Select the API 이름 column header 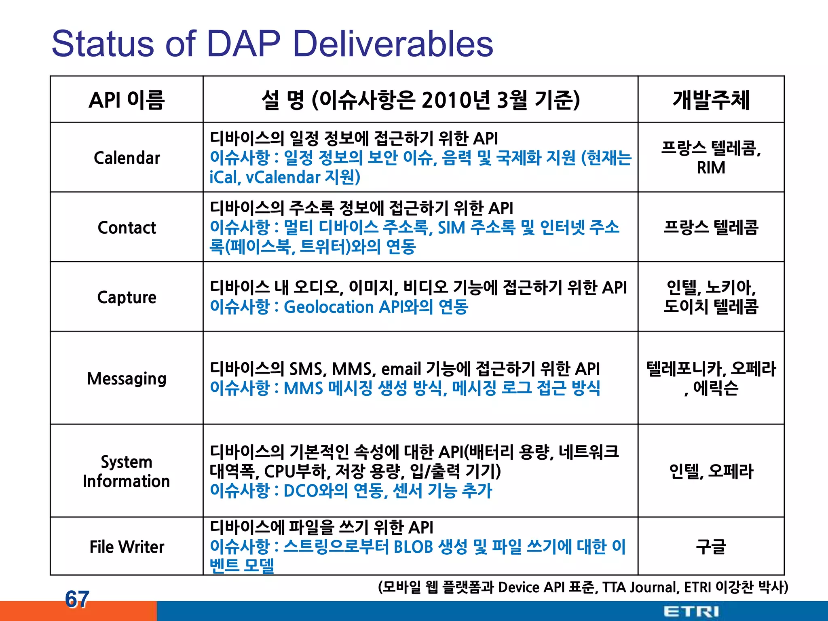pyautogui.click(x=127, y=100)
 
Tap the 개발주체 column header pyautogui.click(x=711, y=100)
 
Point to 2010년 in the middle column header pyautogui.click(x=456, y=100)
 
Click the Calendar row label pyautogui.click(x=127, y=158)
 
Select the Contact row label pyautogui.click(x=127, y=228)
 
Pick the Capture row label pyautogui.click(x=127, y=297)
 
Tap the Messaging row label pyautogui.click(x=127, y=378)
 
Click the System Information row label pyautogui.click(x=126, y=471)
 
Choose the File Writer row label pyautogui.click(x=127, y=547)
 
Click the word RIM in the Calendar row pyautogui.click(x=711, y=168)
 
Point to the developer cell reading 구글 pyautogui.click(x=711, y=547)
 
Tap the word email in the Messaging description pyautogui.click(x=401, y=369)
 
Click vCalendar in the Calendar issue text pyautogui.click(x=283, y=177)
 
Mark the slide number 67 pyautogui.click(x=77, y=599)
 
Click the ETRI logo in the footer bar pyautogui.click(x=691, y=611)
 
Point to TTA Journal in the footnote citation pyautogui.click(x=640, y=587)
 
